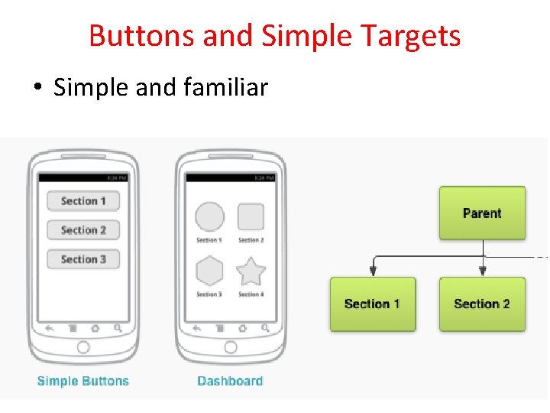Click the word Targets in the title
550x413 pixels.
(411, 36)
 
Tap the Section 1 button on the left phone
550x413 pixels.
(83, 201)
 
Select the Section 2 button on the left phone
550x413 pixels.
(83, 230)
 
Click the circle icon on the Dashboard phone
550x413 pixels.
(209, 216)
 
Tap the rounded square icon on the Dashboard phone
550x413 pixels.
(251, 216)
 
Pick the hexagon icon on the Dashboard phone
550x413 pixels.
(209, 271)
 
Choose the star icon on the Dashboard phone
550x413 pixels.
(251, 271)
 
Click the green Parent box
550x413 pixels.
(482, 213)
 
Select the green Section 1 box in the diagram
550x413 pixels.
(372, 304)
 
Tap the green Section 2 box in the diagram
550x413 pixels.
(482, 304)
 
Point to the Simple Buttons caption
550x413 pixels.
(83, 381)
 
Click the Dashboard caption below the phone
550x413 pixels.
(230, 381)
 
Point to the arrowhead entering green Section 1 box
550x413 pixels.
(372, 271)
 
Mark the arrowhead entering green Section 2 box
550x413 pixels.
(482, 271)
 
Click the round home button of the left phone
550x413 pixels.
(83, 347)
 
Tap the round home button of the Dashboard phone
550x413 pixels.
(230, 347)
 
